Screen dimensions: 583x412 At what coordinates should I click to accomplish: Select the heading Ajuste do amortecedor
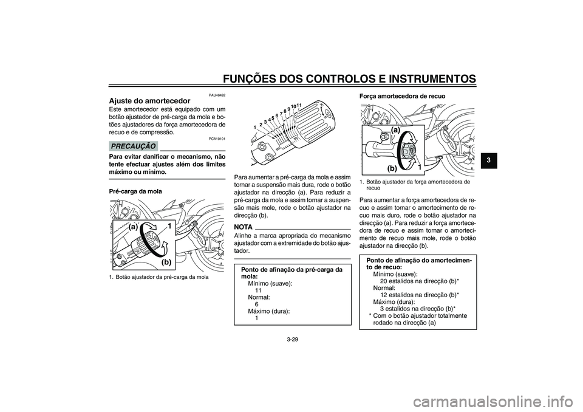coord(149,101)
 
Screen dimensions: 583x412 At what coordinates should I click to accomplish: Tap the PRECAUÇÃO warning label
coord(133,146)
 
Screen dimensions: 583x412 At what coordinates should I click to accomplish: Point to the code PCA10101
coord(217,139)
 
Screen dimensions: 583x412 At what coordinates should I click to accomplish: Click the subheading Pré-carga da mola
coord(135,191)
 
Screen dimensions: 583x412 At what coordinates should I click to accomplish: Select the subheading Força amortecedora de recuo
coord(402,96)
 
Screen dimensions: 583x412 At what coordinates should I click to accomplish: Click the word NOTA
coord(243,227)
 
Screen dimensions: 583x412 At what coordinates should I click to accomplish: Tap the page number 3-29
coord(292,339)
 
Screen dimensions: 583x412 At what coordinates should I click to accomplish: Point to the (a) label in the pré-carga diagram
coord(133,226)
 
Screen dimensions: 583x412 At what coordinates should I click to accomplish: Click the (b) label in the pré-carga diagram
coord(166,262)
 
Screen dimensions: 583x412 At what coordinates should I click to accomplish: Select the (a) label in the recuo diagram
coord(395,130)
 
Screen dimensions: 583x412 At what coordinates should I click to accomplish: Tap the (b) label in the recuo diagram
coord(392,168)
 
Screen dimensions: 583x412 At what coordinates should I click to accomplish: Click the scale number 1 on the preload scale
coord(254,127)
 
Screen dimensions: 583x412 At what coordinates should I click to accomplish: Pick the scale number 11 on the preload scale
coord(299,105)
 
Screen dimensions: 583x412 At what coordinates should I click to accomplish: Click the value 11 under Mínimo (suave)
coord(258,290)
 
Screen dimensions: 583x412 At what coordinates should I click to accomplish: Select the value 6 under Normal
coord(256,304)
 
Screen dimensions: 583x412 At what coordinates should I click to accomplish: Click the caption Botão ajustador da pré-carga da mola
coord(159,277)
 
